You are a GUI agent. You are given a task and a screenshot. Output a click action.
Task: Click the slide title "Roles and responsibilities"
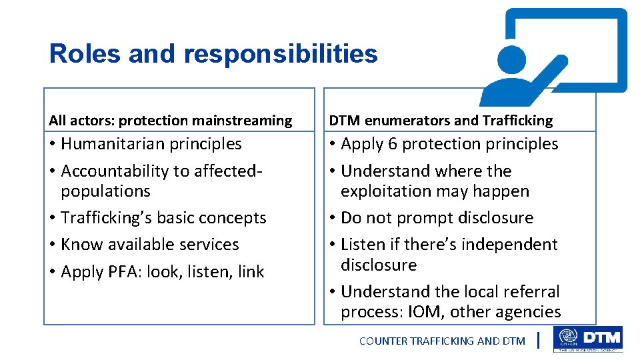pyautogui.click(x=213, y=53)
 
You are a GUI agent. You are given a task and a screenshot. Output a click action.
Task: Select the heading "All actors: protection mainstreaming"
pyautogui.click(x=170, y=121)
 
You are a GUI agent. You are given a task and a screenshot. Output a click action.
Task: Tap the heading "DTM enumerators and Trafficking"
pyautogui.click(x=441, y=121)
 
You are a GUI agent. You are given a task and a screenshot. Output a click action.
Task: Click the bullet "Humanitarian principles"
pyautogui.click(x=151, y=144)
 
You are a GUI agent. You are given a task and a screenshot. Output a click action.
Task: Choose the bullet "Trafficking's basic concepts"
pyautogui.click(x=163, y=218)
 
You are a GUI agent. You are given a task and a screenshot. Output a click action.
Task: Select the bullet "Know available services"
pyautogui.click(x=149, y=245)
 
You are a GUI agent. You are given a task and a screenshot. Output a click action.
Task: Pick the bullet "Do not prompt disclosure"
pyautogui.click(x=437, y=218)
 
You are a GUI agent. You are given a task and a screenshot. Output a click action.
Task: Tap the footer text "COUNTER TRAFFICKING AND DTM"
pyautogui.click(x=442, y=341)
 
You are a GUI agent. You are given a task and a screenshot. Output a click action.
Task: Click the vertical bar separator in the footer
pyautogui.click(x=538, y=341)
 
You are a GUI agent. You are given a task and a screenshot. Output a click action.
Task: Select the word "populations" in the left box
pyautogui.click(x=105, y=191)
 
